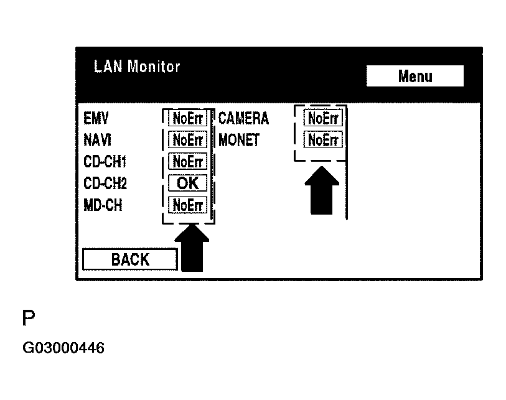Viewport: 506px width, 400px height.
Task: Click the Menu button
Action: point(415,76)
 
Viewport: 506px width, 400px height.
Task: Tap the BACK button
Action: point(130,259)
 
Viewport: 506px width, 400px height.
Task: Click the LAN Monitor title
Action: point(136,67)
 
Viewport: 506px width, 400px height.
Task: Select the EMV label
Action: point(96,118)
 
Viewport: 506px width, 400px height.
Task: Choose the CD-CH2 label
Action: point(105,184)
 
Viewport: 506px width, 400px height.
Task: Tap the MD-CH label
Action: point(103,205)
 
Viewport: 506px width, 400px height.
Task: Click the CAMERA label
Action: point(243,118)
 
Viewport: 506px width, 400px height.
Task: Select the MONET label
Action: point(239,140)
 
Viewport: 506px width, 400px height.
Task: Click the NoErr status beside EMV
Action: point(188,118)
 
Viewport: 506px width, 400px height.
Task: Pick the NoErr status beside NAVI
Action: point(188,140)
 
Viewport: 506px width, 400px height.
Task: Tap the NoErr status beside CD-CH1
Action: point(188,162)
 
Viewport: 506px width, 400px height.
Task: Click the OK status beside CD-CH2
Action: point(188,184)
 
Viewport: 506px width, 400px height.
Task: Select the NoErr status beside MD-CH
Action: point(188,205)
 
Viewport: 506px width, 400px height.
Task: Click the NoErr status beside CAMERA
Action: point(323,118)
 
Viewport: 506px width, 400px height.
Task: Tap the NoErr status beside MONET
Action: point(323,139)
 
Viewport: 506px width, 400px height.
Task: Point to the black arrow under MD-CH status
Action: point(194,249)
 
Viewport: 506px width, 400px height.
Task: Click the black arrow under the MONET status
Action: point(322,190)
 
